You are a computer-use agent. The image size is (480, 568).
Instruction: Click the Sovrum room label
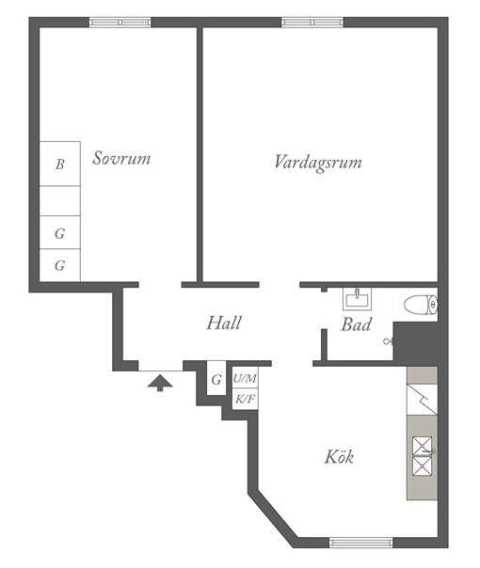121,158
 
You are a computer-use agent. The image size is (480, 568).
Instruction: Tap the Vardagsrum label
318,162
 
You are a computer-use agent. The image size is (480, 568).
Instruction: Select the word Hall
224,323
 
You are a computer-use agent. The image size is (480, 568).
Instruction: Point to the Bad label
356,324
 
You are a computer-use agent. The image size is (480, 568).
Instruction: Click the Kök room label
339,456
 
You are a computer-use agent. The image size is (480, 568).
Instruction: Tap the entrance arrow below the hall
160,383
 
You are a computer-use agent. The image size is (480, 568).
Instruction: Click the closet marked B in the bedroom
60,164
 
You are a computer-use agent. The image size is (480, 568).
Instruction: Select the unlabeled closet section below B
60,201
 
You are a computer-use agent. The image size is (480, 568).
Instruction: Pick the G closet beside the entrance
216,378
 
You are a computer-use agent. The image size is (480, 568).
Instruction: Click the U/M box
245,379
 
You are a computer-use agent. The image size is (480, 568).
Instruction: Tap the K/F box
245,399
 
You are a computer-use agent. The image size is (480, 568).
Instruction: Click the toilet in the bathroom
421,305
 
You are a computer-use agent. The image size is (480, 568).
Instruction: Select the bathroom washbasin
357,299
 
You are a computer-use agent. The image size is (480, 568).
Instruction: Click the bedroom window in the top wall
120,23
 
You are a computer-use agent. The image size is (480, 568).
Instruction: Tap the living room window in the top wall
312,23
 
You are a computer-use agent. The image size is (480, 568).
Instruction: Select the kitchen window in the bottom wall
361,543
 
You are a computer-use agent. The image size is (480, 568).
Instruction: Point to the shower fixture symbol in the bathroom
389,340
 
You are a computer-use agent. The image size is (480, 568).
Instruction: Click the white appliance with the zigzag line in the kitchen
422,400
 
